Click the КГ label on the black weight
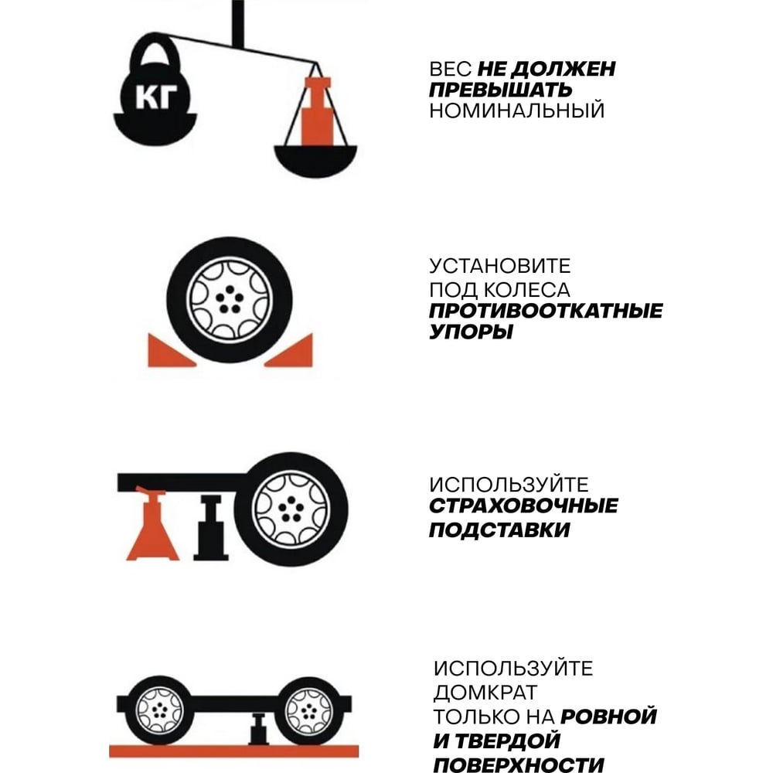[156, 97]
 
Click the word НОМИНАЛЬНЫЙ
[516, 111]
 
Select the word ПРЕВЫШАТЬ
[500, 90]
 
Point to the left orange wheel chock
[168, 352]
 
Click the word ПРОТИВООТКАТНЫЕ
[546, 311]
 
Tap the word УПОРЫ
[471, 332]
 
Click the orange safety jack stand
[152, 525]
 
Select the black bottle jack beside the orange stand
[211, 528]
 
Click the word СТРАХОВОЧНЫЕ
[523, 506]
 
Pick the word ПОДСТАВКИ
[499, 530]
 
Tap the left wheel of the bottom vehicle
[158, 710]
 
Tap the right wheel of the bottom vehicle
[309, 710]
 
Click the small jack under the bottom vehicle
[258, 729]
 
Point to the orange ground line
[233, 751]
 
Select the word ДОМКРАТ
[485, 693]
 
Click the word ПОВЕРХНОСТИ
[519, 765]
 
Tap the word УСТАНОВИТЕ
[500, 266]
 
